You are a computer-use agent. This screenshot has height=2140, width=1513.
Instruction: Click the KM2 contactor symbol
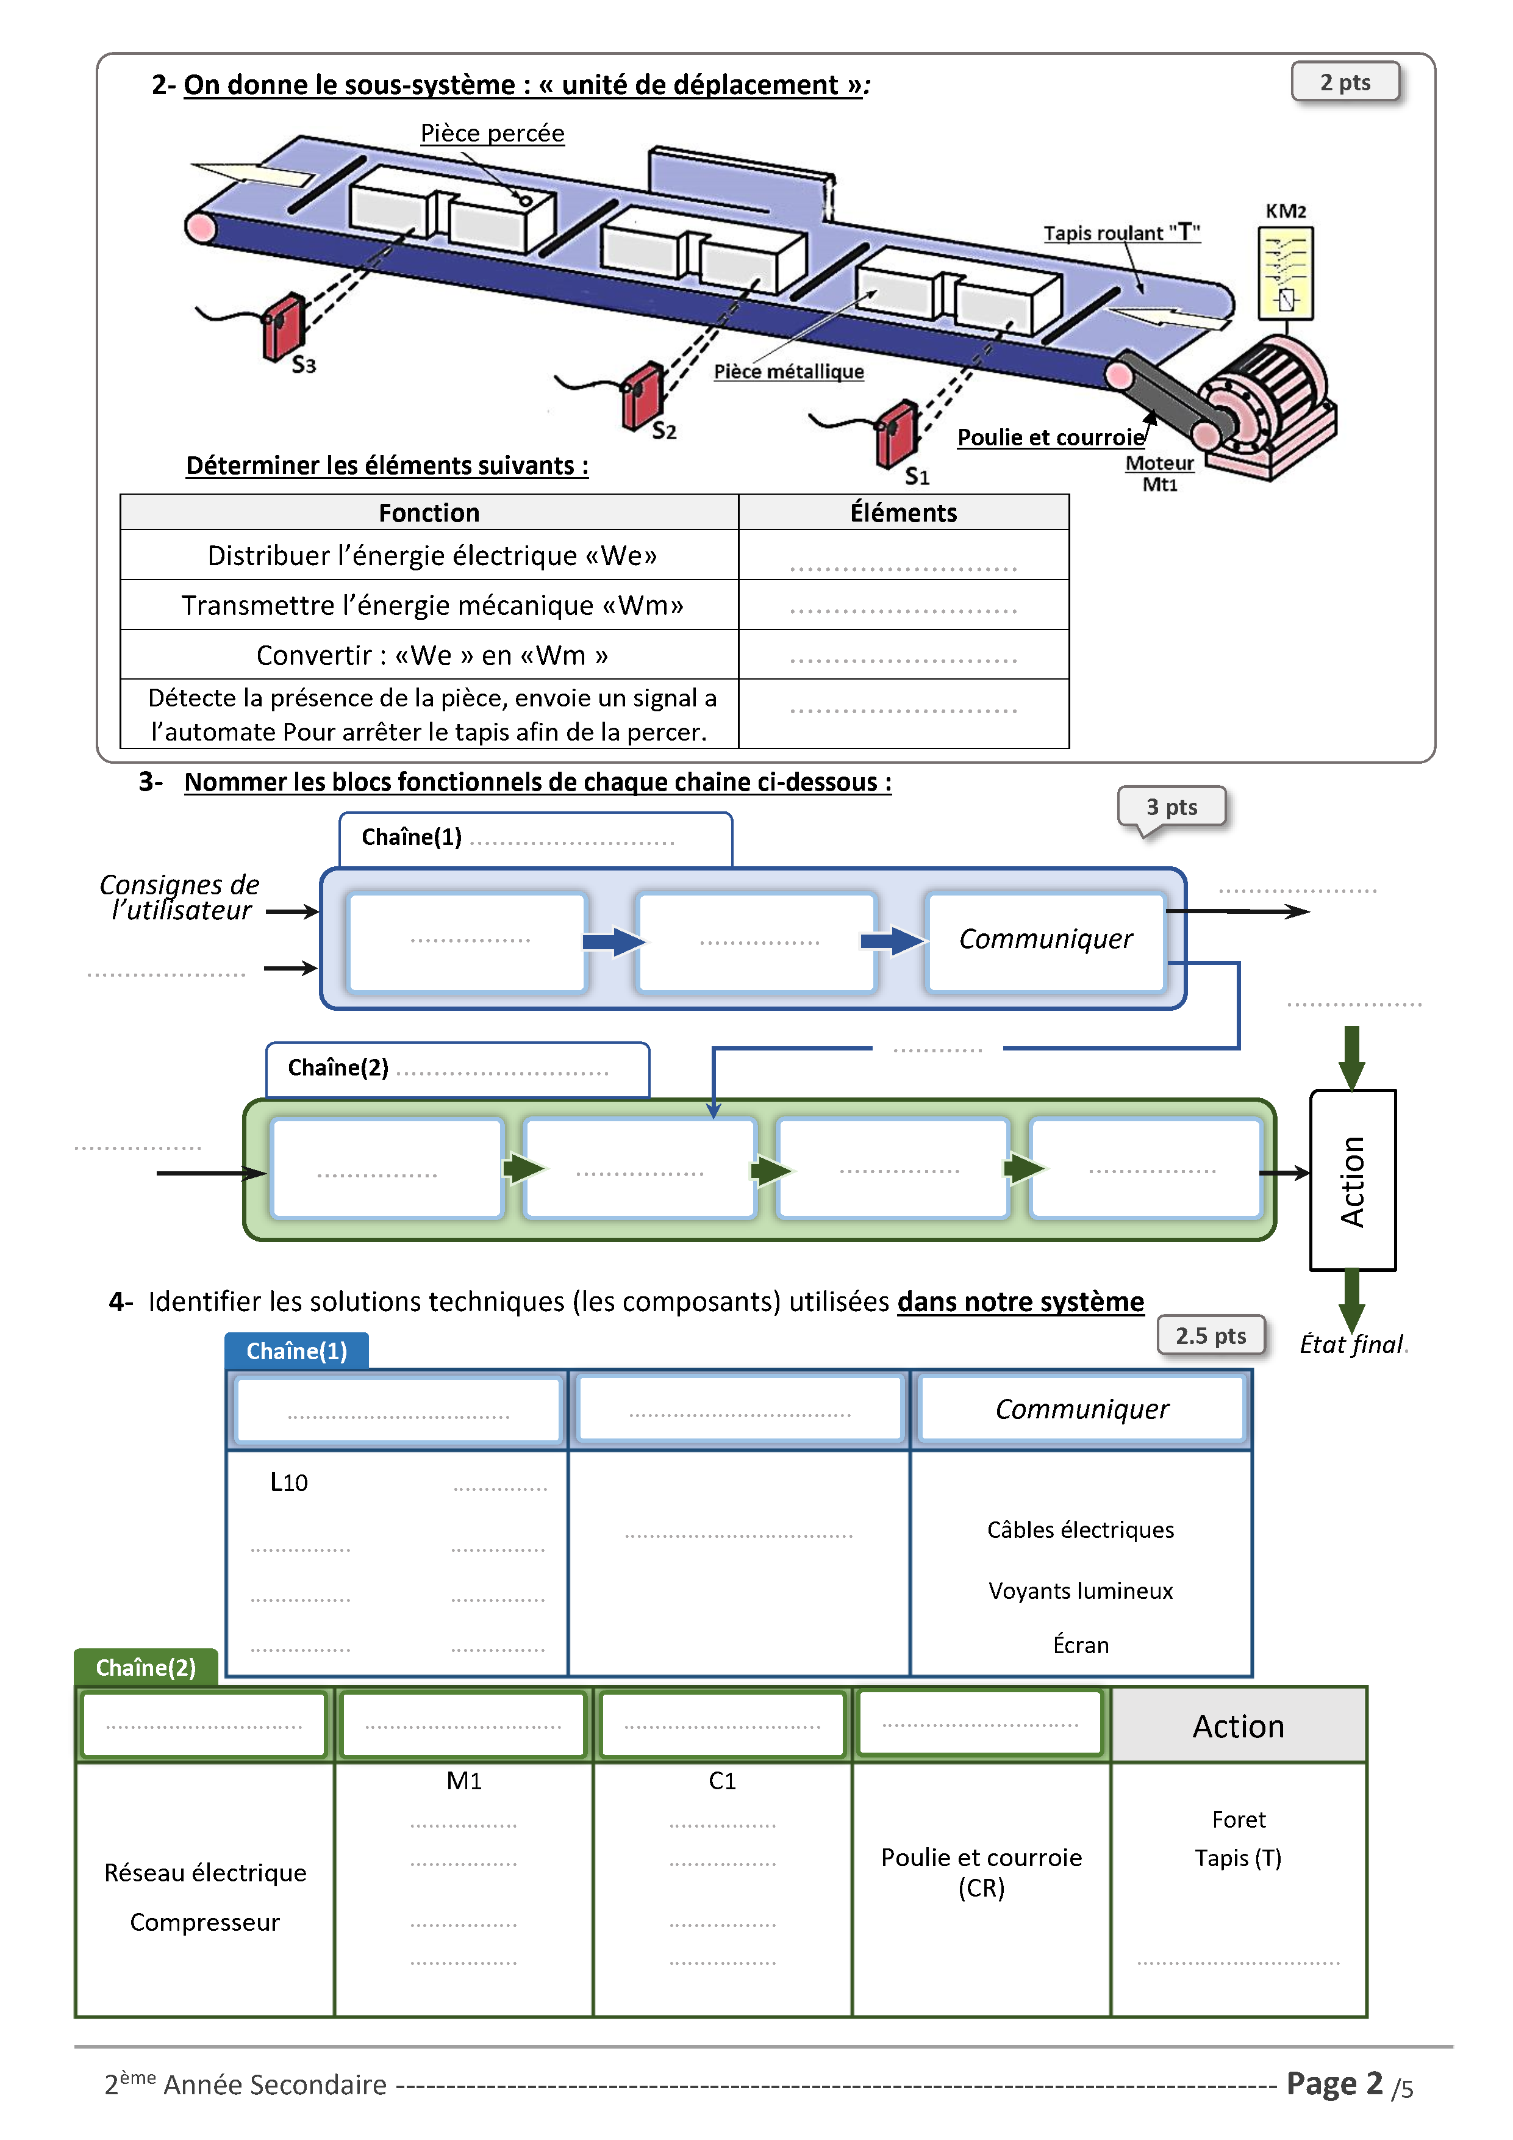[1286, 274]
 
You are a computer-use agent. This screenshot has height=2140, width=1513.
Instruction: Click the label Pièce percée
[492, 133]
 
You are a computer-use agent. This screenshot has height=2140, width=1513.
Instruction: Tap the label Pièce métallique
[788, 372]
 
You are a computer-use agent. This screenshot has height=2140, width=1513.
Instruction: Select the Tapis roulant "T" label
[1121, 233]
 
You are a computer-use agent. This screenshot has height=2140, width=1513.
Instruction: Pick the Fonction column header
[429, 512]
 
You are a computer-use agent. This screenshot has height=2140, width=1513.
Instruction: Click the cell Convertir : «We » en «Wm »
[431, 655]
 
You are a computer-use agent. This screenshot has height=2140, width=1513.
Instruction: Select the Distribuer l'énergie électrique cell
[431, 556]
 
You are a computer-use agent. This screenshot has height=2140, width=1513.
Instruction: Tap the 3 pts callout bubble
[1171, 807]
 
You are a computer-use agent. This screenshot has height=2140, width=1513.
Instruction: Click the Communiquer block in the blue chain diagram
[1045, 939]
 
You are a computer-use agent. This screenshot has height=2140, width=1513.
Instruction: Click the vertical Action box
[1352, 1180]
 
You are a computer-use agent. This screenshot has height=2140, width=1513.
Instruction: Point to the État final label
[1351, 1344]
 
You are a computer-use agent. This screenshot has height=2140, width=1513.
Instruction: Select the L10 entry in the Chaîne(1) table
[289, 1482]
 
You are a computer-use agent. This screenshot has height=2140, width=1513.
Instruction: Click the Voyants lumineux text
[1080, 1591]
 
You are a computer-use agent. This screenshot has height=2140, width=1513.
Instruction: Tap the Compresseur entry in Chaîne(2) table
[205, 1922]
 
